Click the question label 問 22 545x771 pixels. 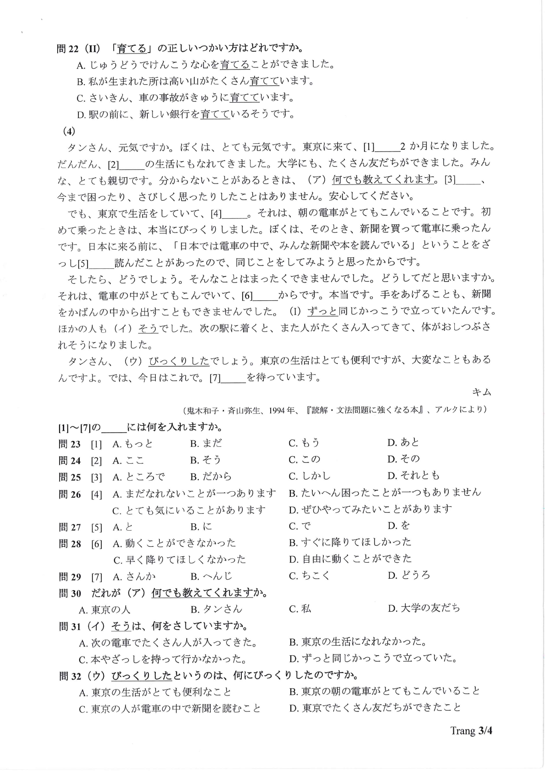[68, 49]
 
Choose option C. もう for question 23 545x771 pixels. [304, 443]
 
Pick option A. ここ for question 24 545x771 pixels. [128, 460]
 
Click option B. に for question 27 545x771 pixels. [202, 527]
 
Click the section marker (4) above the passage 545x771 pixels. [69, 131]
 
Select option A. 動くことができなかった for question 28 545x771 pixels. [174, 543]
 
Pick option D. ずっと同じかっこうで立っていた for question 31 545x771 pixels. [373, 659]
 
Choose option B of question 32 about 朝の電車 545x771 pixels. [385, 691]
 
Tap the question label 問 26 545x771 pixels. [70, 494]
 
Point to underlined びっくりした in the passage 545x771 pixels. [179, 361]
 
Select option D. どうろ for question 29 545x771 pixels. [409, 576]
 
